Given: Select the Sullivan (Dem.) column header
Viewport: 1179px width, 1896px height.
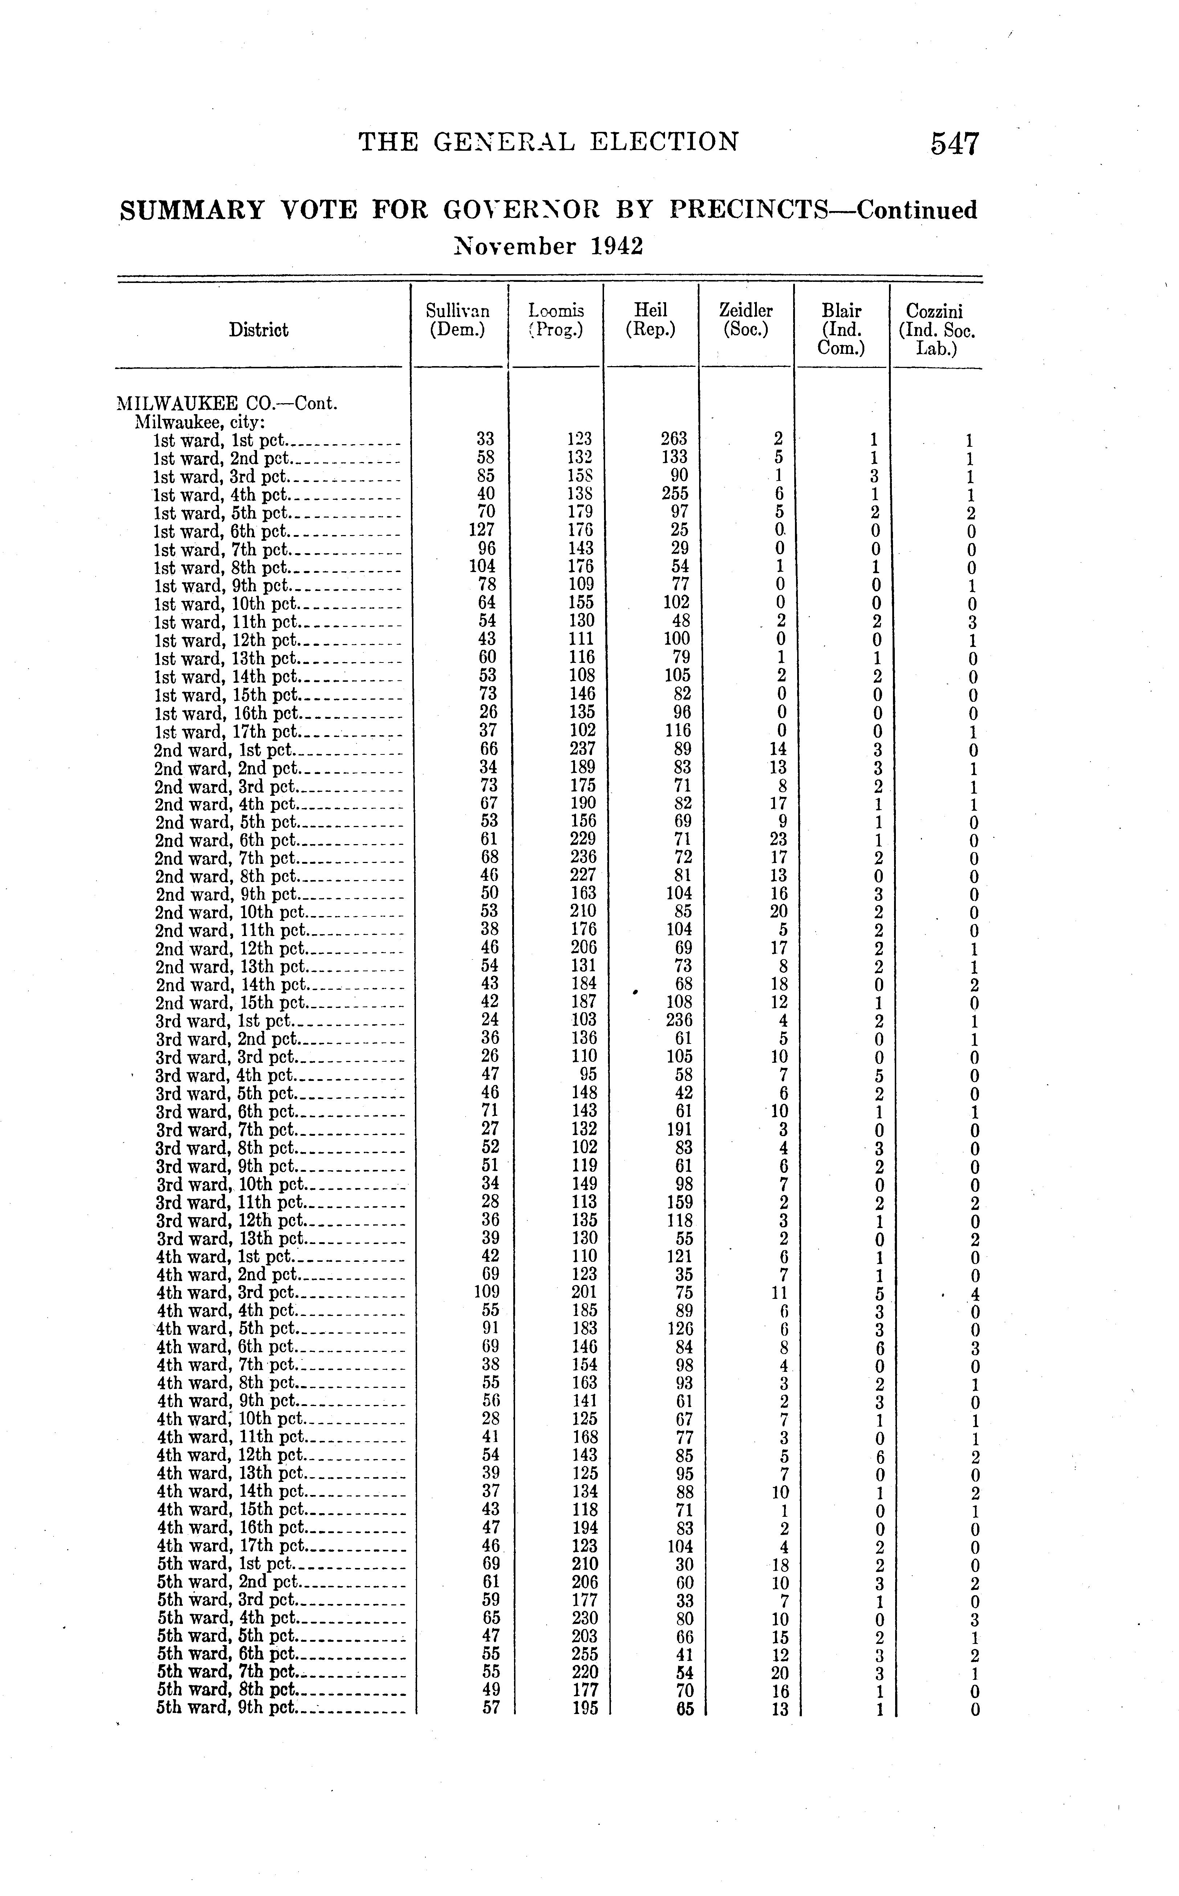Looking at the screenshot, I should point(458,321).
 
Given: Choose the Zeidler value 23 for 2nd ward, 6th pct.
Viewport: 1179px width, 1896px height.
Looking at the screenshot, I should point(778,839).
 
